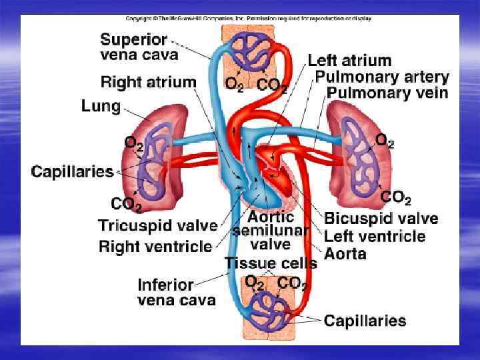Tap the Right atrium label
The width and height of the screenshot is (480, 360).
pos(149,83)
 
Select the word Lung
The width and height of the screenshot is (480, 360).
pos(101,106)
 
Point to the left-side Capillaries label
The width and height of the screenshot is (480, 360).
pos(73,171)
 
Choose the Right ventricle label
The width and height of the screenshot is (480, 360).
pos(155,247)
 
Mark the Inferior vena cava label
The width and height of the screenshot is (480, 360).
pos(177,292)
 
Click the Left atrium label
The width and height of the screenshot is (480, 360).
pos(349,61)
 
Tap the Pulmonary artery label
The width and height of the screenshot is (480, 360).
pos(382,77)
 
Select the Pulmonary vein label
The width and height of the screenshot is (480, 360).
pos(387,94)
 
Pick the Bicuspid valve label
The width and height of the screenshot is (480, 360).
pos(381,219)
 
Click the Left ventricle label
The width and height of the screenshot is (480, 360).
pos(374,236)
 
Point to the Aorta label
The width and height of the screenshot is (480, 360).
pos(345,253)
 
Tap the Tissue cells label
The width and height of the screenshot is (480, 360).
pos(271,263)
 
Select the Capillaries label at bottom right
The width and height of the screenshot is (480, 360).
pos(365,321)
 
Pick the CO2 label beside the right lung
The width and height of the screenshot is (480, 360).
pos(395,199)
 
